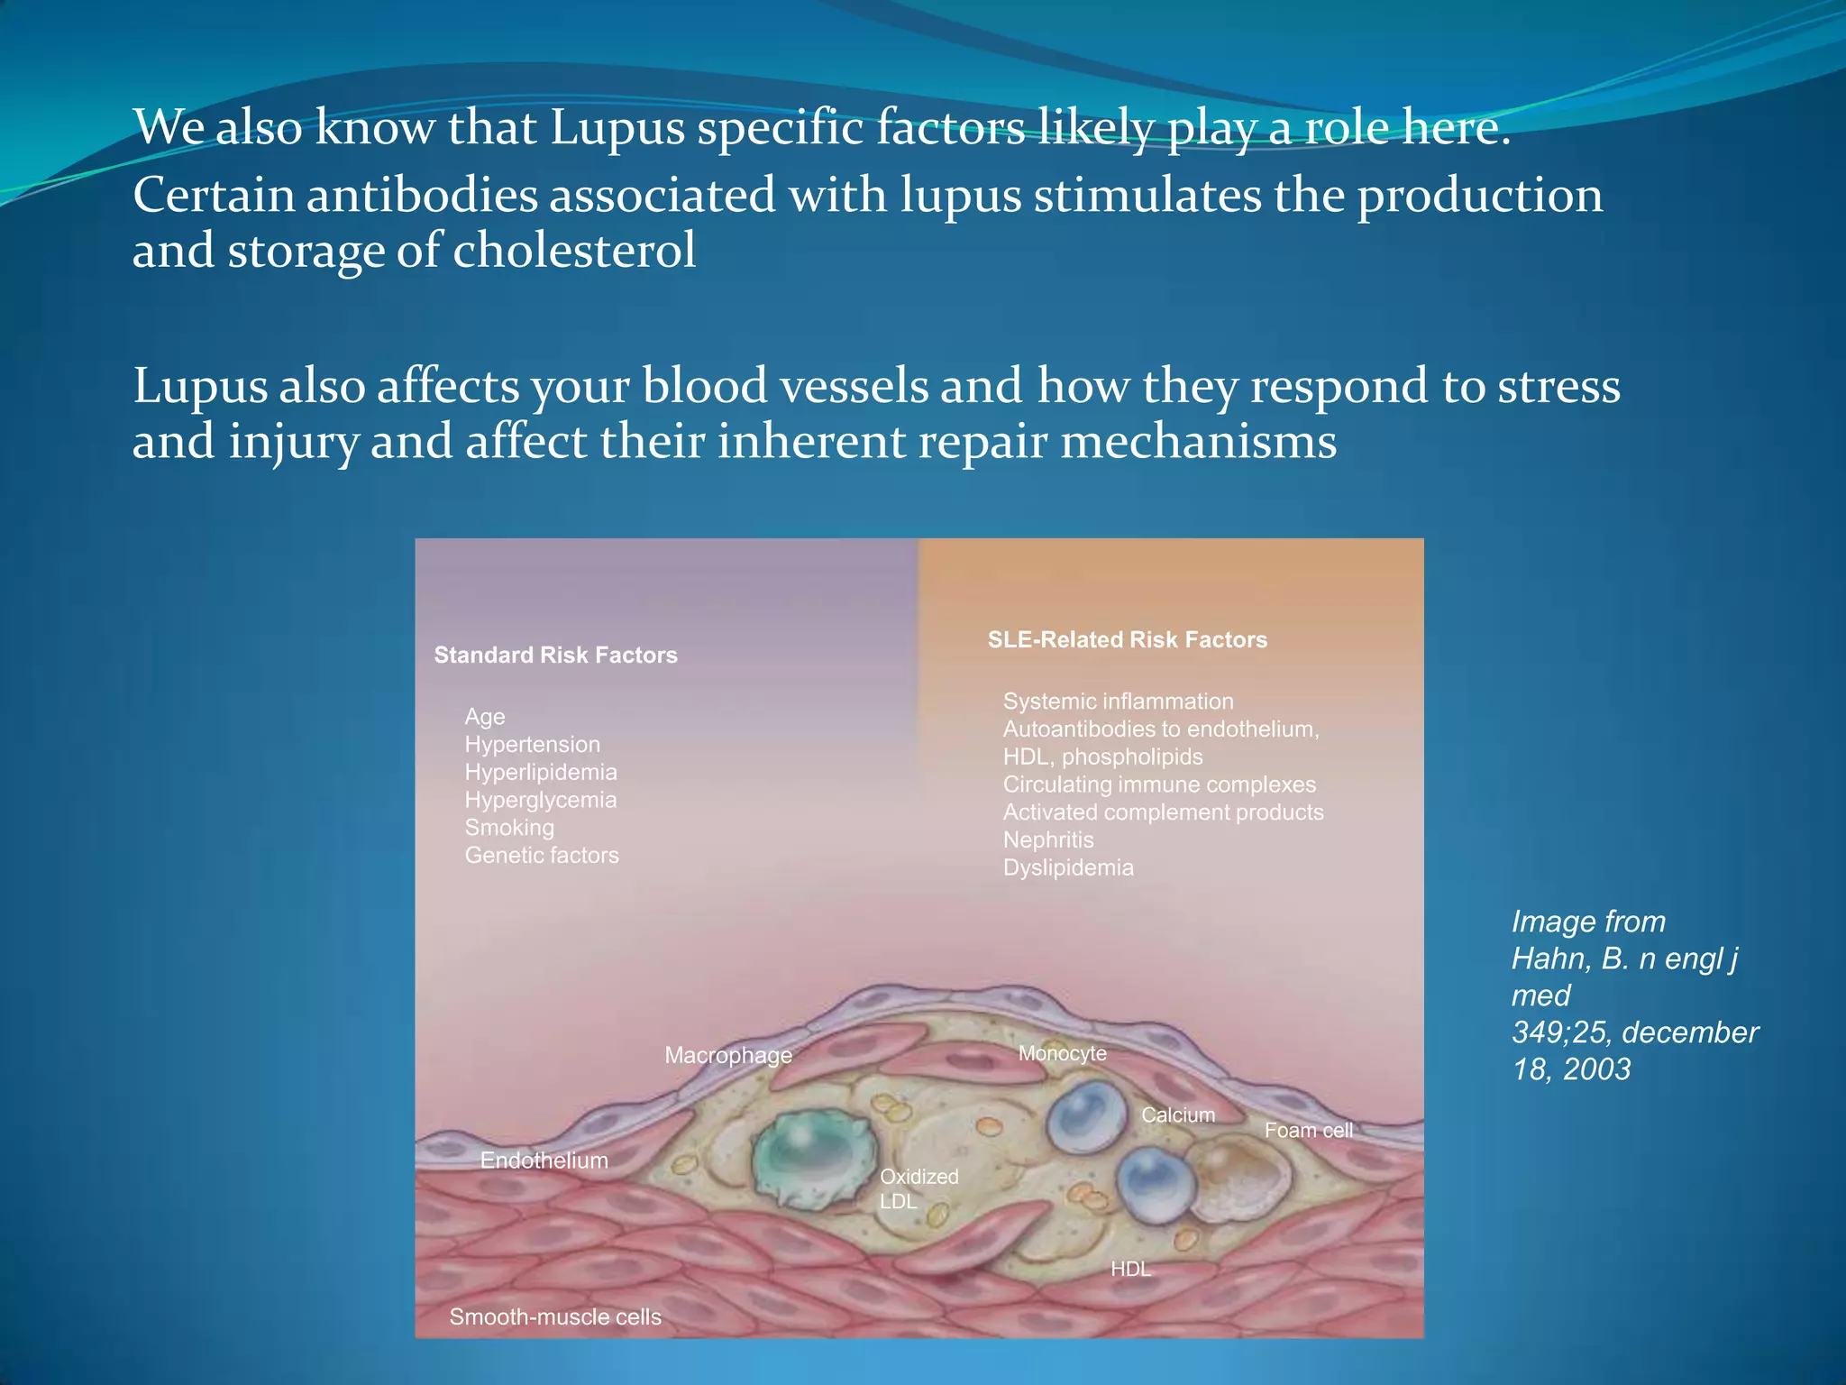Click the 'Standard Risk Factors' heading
[555, 656]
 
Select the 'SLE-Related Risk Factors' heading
[1127, 640]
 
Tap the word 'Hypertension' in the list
[532, 745]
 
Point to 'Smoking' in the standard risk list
[509, 828]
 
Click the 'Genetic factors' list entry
[542, 856]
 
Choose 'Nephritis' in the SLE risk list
[1048, 840]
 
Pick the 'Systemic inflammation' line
[1118, 702]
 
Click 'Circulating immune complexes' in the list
[1159, 784]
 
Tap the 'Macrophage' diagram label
[728, 1055]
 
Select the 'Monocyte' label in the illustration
[1062, 1053]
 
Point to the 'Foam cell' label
[1308, 1131]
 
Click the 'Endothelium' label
[544, 1160]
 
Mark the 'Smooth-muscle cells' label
[555, 1317]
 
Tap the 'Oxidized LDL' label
[918, 1188]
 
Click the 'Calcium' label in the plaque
[1178, 1115]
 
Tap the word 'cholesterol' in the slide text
[574, 251]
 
